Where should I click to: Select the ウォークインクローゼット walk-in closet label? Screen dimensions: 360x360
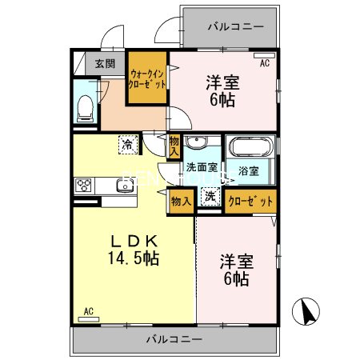click(x=147, y=78)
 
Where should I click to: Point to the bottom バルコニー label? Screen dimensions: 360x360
click(x=174, y=338)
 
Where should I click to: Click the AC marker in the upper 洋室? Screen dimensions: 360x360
click(x=265, y=61)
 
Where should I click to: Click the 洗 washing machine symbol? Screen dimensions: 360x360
click(x=209, y=197)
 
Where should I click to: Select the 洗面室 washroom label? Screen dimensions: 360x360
click(x=202, y=168)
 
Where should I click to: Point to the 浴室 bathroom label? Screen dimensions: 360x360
click(x=249, y=170)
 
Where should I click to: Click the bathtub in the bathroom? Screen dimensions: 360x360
click(x=250, y=149)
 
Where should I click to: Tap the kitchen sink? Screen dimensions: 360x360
click(x=123, y=187)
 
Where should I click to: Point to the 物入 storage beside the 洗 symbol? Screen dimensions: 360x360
click(x=181, y=201)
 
